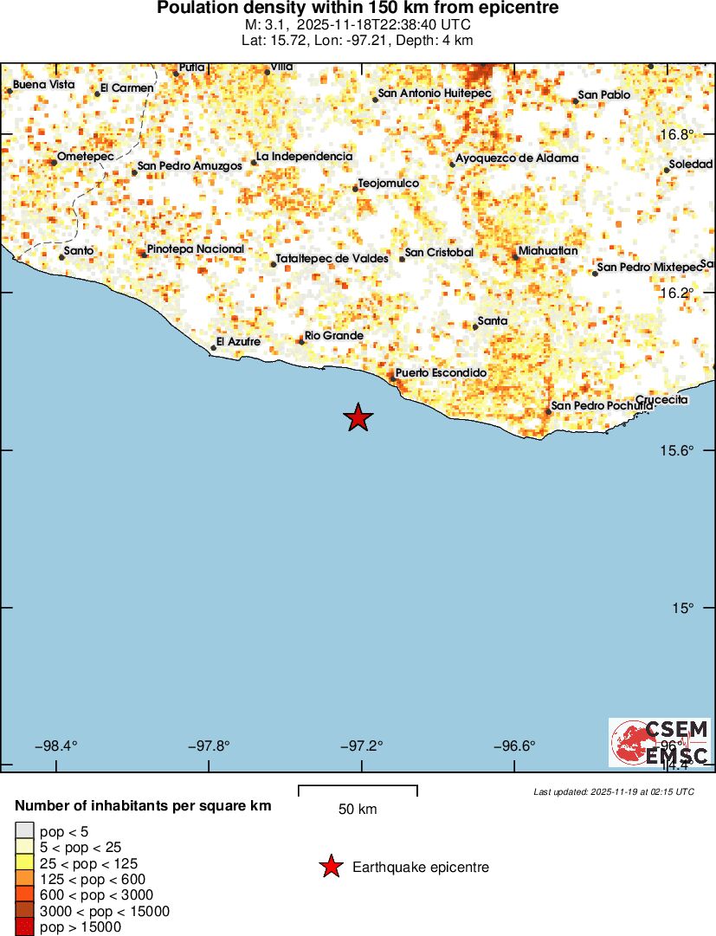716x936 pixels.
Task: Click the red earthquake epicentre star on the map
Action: click(x=358, y=418)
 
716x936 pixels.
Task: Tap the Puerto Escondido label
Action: click(x=441, y=372)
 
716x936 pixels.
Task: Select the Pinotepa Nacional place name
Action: click(x=196, y=249)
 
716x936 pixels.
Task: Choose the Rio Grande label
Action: click(x=334, y=336)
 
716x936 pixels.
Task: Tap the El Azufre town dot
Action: click(x=214, y=348)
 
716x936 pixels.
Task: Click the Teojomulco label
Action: click(x=389, y=184)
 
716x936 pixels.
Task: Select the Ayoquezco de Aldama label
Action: click(x=517, y=158)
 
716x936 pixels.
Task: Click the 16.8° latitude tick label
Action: click(x=678, y=135)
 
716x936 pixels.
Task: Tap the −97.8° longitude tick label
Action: click(x=210, y=746)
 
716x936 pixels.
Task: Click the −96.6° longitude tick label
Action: click(x=514, y=746)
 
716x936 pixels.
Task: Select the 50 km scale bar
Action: click(x=358, y=790)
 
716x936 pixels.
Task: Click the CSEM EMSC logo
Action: click(x=660, y=742)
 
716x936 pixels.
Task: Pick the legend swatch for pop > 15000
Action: click(x=24, y=927)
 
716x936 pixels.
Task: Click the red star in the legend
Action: click(x=330, y=867)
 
